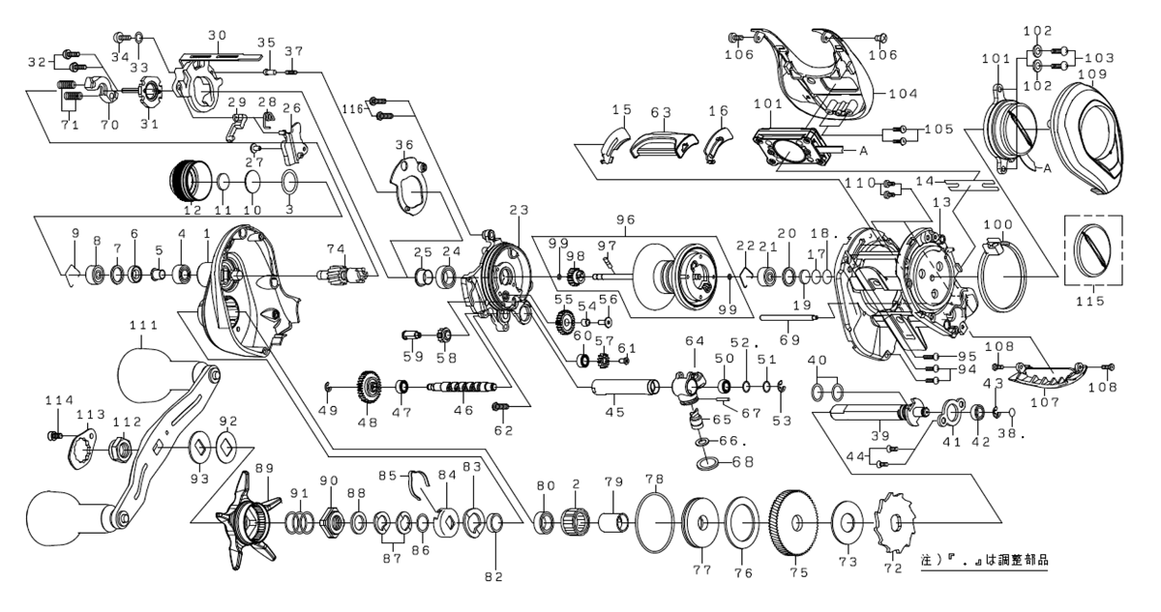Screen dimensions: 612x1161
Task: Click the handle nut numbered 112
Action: pyautogui.click(x=120, y=447)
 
